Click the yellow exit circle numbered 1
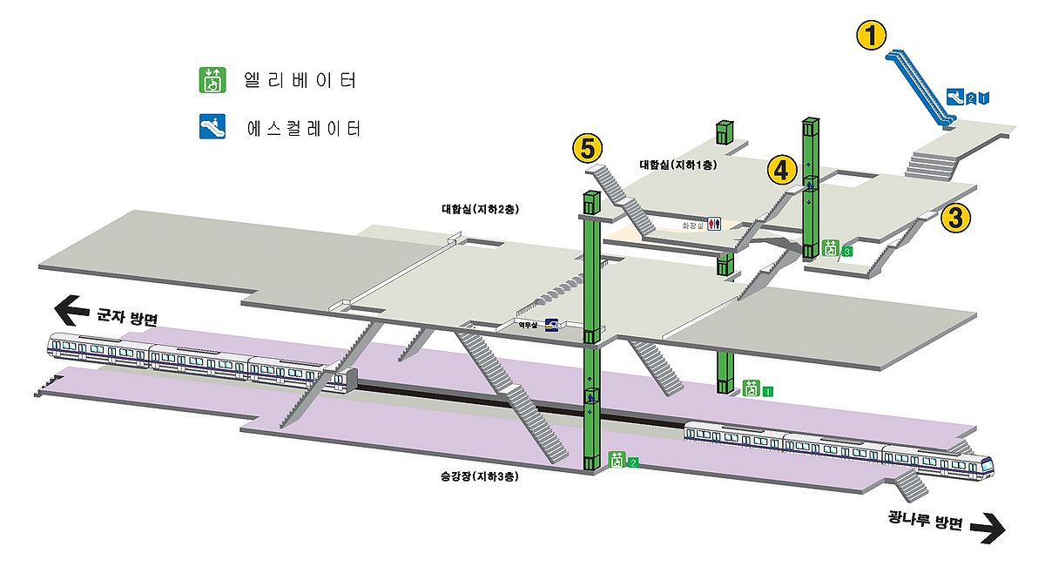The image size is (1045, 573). click(x=872, y=36)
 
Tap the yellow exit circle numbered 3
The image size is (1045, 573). click(x=955, y=218)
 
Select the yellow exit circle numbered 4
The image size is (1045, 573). click(x=782, y=170)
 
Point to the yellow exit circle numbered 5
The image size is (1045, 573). click(x=588, y=148)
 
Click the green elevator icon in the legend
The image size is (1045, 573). click(x=211, y=80)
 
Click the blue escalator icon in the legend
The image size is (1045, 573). click(x=211, y=129)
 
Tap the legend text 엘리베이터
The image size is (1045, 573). click(x=300, y=81)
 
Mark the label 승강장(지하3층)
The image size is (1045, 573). click(x=473, y=477)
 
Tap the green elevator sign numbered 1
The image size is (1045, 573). click(x=757, y=389)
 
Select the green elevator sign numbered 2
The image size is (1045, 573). click(x=624, y=461)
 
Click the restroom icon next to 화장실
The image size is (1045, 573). click(x=715, y=224)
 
